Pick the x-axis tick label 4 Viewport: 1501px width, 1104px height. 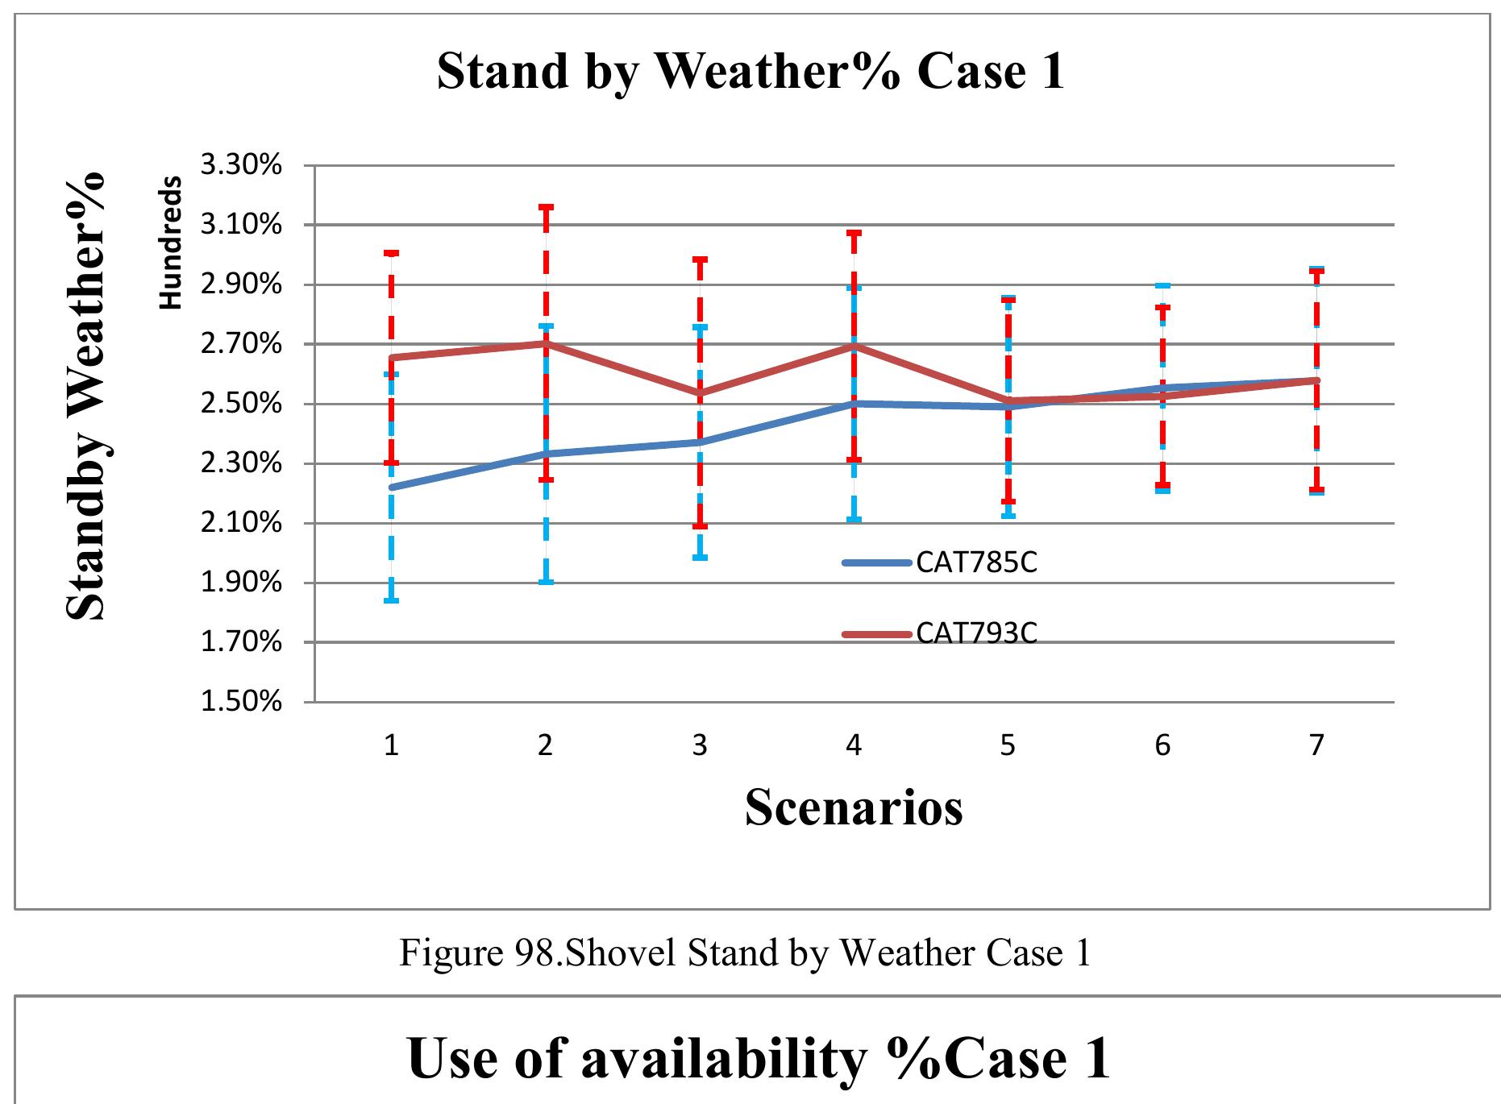[854, 745]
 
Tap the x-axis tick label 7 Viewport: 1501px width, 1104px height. [1316, 745]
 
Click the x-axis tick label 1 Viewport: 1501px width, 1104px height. [391, 745]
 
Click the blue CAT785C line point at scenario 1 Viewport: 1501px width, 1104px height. [391, 487]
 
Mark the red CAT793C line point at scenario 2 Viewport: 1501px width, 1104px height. [546, 343]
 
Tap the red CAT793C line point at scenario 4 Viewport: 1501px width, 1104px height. [854, 347]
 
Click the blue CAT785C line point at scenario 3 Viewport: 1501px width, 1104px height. [700, 442]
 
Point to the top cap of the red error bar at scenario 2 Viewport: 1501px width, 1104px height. [546, 207]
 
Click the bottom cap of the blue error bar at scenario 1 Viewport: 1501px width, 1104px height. [391, 600]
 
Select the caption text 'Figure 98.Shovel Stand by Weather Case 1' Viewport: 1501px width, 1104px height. [745, 953]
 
